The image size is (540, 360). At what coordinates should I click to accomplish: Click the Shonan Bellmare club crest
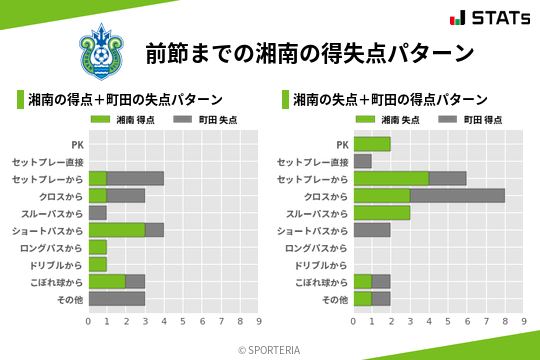(x=100, y=50)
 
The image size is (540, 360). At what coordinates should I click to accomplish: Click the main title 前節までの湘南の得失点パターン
(x=308, y=52)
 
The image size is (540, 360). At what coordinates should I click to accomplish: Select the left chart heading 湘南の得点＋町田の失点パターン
(x=125, y=100)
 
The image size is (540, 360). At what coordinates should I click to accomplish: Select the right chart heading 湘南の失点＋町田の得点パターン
(x=390, y=100)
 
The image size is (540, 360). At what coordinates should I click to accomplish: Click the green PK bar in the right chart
(x=372, y=144)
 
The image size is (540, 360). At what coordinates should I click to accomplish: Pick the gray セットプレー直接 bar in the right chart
(x=362, y=161)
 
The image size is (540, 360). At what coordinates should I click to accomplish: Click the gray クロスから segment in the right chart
(x=457, y=195)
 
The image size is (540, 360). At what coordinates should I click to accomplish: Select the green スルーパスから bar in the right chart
(x=381, y=212)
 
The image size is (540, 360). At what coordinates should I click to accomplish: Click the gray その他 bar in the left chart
(x=117, y=298)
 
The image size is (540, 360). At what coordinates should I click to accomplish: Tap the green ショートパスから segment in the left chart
(x=117, y=229)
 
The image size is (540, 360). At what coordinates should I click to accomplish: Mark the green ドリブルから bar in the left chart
(x=98, y=264)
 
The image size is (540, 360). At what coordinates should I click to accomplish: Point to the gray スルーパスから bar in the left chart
(x=98, y=212)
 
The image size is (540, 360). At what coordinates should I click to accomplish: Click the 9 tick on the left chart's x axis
(x=260, y=321)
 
